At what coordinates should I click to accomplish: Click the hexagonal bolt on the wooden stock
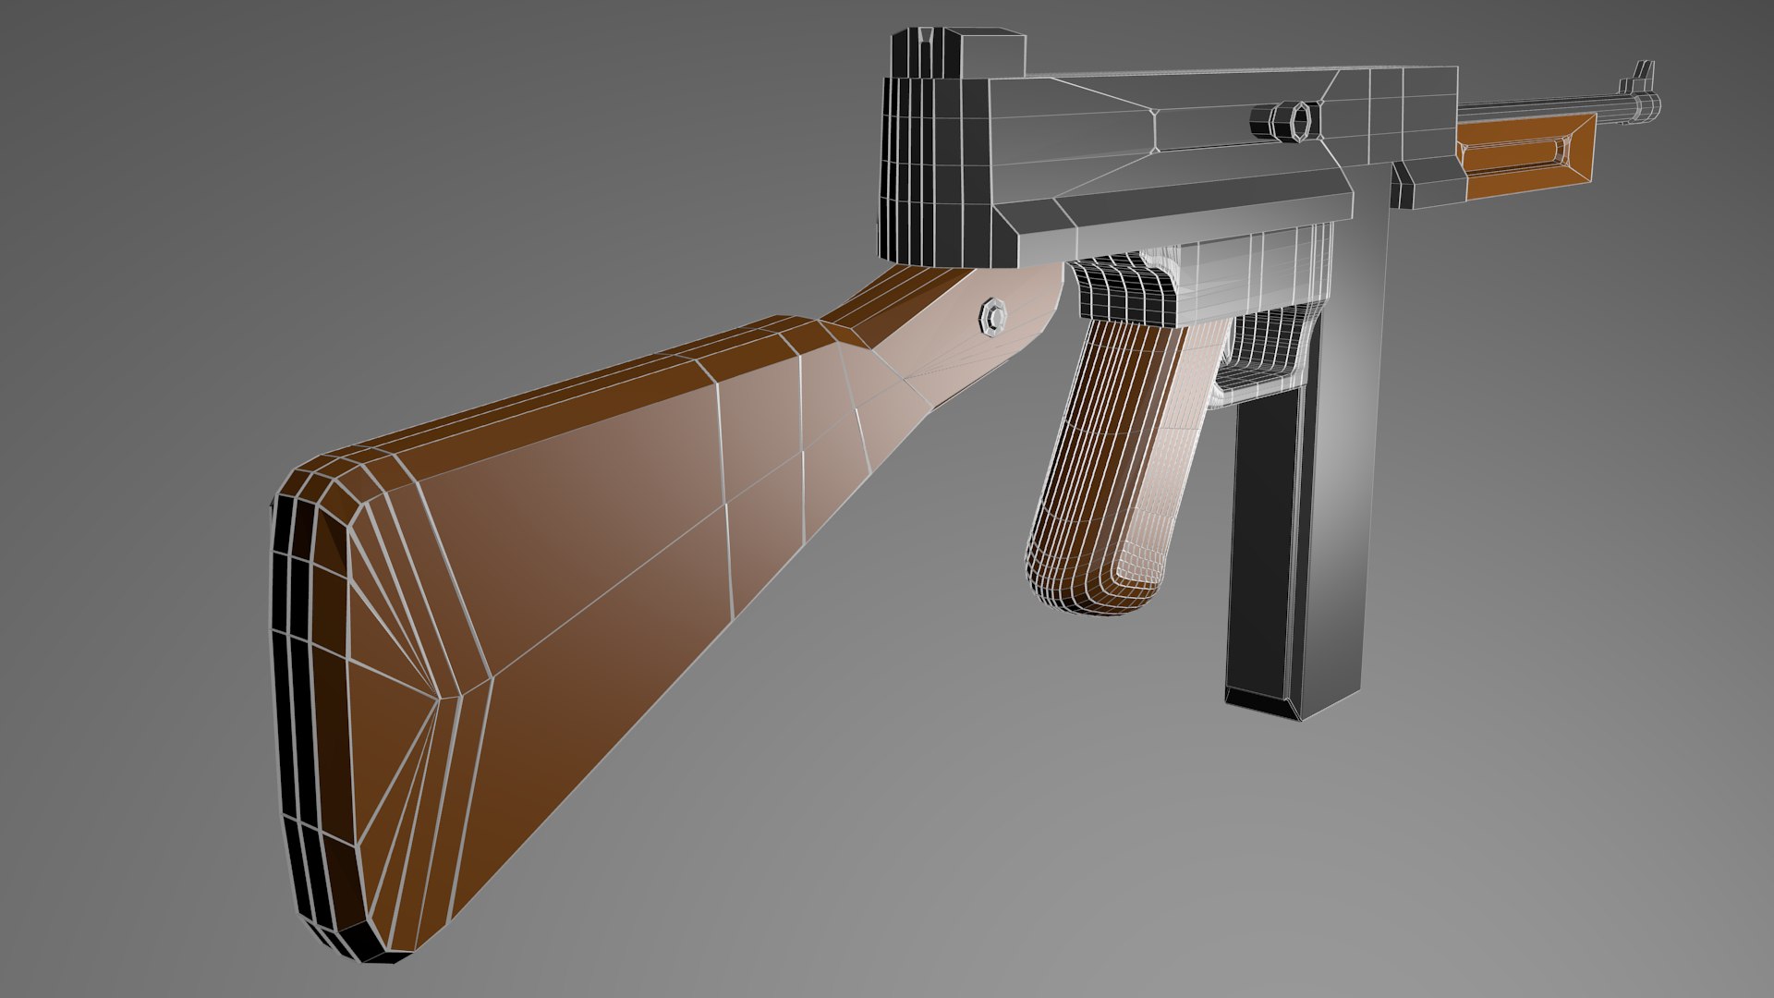(x=993, y=316)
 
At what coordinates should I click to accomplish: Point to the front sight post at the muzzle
(x=1646, y=74)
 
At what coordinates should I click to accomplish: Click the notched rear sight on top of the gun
(x=926, y=54)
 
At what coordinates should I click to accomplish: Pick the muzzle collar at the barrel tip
(x=1643, y=104)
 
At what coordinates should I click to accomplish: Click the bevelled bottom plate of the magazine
(x=1266, y=702)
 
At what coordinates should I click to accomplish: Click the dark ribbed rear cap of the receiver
(x=924, y=166)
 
